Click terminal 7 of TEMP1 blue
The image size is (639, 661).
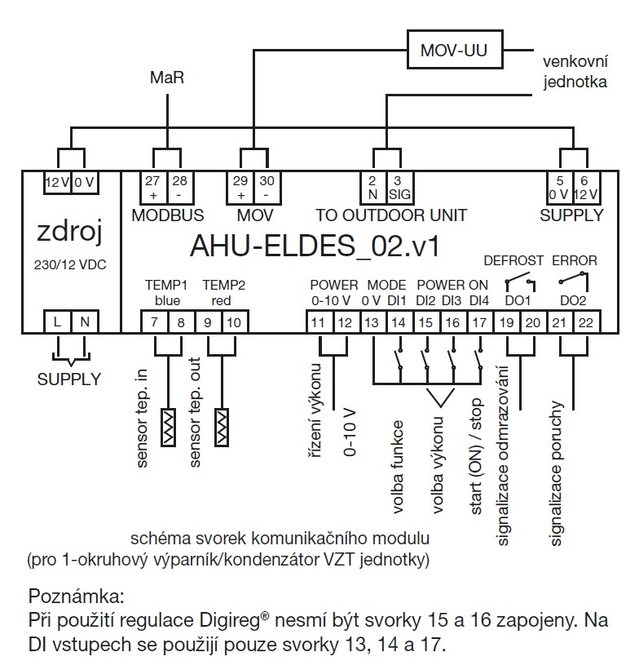click(x=155, y=322)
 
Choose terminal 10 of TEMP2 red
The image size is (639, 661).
click(x=233, y=322)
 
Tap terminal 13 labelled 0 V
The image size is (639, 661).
click(x=372, y=322)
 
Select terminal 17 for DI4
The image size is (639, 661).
click(x=478, y=322)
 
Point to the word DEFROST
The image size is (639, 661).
click(x=513, y=261)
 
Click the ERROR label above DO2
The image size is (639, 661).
click(x=575, y=261)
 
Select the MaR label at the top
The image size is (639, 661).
click(x=167, y=78)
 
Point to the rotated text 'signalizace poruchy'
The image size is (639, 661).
click(x=558, y=472)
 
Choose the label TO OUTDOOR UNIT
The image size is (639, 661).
click(x=391, y=215)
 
